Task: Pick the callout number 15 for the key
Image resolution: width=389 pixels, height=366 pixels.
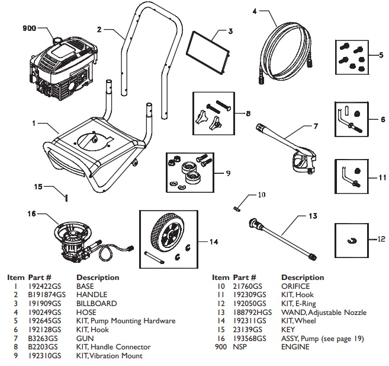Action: [37, 186]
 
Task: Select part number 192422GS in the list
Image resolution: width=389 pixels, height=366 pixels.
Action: [41, 286]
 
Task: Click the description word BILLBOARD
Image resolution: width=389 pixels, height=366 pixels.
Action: [97, 303]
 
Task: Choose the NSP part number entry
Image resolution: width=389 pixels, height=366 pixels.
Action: [239, 347]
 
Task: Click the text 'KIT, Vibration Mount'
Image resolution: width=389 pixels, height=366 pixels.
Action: [109, 356]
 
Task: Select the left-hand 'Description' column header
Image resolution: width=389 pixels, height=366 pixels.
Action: [98, 277]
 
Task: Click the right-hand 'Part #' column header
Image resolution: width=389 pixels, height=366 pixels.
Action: [244, 277]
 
